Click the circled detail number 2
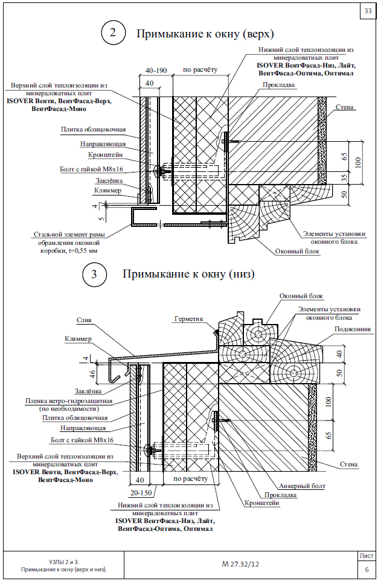click(113, 33)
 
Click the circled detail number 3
click(94, 274)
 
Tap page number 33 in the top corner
click(368, 11)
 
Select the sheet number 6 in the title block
click(367, 570)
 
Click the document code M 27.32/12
click(240, 564)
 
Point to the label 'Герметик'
click(189, 319)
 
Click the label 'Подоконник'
click(353, 329)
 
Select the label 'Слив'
click(84, 320)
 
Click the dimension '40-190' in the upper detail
click(156, 71)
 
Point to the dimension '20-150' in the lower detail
click(141, 493)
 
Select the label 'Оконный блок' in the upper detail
click(297, 252)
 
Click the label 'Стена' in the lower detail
click(348, 465)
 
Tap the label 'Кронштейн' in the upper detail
click(105, 155)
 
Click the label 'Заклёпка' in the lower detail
click(88, 392)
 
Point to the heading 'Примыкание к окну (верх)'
click(205, 34)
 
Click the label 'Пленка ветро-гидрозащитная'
click(69, 401)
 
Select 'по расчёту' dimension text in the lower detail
click(191, 478)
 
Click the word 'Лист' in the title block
click(367, 556)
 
